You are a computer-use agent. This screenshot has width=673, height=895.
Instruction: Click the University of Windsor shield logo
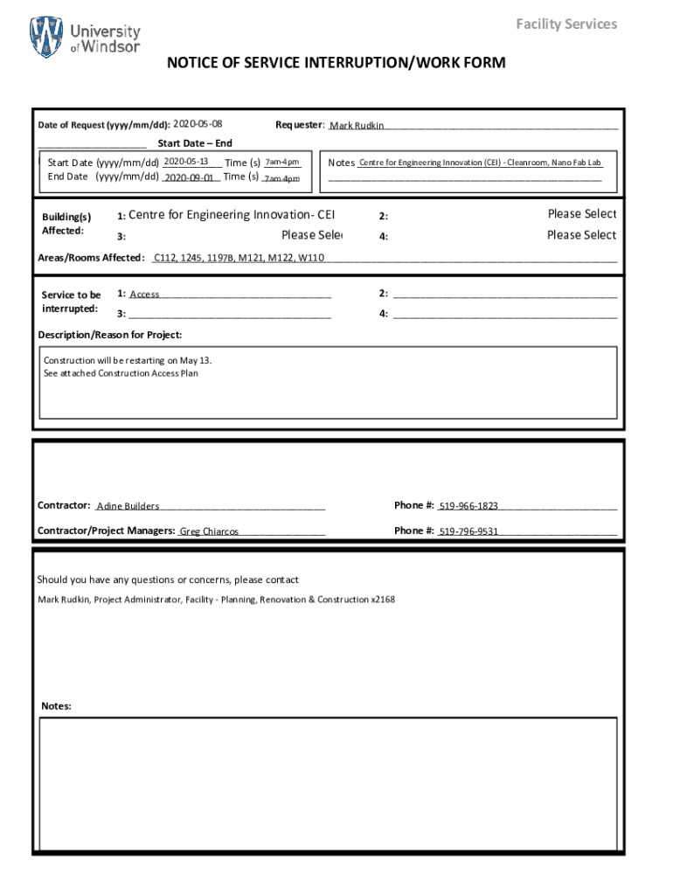pyautogui.click(x=46, y=38)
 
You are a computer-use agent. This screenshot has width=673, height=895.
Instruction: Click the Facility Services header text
pyautogui.click(x=566, y=24)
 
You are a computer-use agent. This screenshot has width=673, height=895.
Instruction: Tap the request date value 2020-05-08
pyautogui.click(x=198, y=124)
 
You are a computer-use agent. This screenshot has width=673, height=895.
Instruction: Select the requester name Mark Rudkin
pyautogui.click(x=357, y=126)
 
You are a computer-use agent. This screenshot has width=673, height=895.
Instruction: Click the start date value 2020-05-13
pyautogui.click(x=185, y=162)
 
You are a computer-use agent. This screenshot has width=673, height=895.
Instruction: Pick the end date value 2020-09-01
pyautogui.click(x=189, y=177)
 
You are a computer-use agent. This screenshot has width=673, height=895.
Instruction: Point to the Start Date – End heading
pyautogui.click(x=195, y=143)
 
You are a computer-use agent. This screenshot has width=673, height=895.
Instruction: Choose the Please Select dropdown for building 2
pyautogui.click(x=581, y=214)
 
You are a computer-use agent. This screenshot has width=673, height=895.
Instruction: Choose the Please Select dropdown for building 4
pyautogui.click(x=581, y=235)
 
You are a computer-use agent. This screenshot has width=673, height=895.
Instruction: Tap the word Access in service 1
pyautogui.click(x=144, y=295)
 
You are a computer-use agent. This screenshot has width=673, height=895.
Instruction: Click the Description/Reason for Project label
pyautogui.click(x=110, y=335)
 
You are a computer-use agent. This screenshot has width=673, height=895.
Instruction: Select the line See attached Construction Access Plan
pyautogui.click(x=121, y=373)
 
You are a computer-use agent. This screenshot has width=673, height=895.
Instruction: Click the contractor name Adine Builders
pyautogui.click(x=128, y=506)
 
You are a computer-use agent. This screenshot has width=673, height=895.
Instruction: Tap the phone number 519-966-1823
pyautogui.click(x=468, y=506)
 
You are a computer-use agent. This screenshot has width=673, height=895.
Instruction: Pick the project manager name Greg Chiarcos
pyautogui.click(x=209, y=531)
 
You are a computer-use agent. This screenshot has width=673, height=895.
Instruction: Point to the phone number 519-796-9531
pyautogui.click(x=468, y=531)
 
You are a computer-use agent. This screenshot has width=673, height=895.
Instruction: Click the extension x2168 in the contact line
pyautogui.click(x=382, y=600)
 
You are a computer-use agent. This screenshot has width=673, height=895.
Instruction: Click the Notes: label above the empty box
pyautogui.click(x=57, y=706)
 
